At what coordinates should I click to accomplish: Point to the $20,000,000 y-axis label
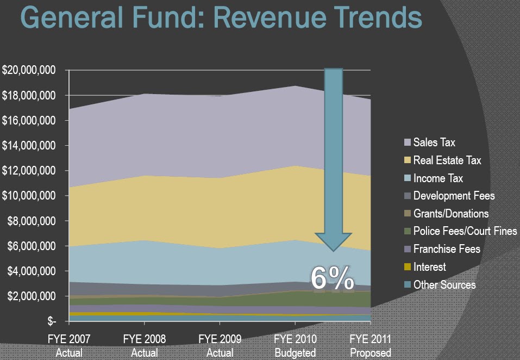(x=28, y=70)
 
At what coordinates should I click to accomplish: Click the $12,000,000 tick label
(x=28, y=171)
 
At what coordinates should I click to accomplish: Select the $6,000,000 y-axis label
(x=32, y=246)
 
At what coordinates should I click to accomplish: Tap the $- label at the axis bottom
(x=52, y=321)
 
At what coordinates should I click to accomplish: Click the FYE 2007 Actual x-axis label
(x=69, y=346)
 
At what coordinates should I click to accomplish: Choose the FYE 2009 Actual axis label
(x=220, y=346)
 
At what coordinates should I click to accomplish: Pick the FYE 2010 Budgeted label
(x=295, y=346)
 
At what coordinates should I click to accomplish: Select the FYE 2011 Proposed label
(x=371, y=346)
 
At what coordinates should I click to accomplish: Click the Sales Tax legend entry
(x=430, y=142)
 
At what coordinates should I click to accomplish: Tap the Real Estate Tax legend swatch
(x=408, y=160)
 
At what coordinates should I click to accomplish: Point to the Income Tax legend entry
(x=434, y=178)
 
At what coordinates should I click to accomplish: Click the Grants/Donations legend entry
(x=447, y=213)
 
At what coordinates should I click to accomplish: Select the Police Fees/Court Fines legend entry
(x=461, y=231)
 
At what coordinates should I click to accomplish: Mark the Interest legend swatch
(x=408, y=267)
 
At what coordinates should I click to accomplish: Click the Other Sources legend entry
(x=440, y=284)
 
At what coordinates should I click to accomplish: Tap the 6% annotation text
(x=333, y=278)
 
